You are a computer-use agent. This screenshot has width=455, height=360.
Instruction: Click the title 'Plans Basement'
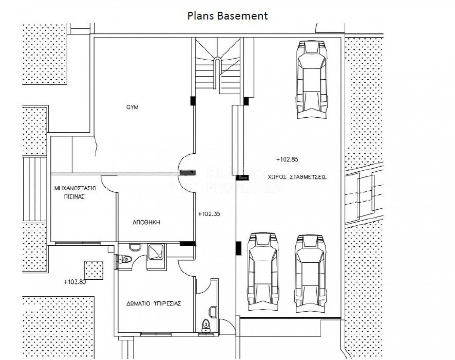pyautogui.click(x=227, y=16)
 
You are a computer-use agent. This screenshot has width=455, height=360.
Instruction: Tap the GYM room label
pyautogui.click(x=132, y=107)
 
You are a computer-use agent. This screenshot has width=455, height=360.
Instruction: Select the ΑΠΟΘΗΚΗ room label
pyautogui.click(x=146, y=222)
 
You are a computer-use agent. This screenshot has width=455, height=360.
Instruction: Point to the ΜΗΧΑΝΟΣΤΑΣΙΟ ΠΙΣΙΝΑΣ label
pyautogui.click(x=75, y=192)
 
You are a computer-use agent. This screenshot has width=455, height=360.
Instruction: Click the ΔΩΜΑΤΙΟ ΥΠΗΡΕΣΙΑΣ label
pyautogui.click(x=154, y=304)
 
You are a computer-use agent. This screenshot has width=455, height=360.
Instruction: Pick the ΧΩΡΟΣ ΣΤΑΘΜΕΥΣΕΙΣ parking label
pyautogui.click(x=297, y=177)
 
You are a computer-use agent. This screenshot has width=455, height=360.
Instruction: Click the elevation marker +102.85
pyautogui.click(x=287, y=159)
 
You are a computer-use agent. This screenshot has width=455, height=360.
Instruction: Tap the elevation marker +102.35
pyautogui.click(x=209, y=214)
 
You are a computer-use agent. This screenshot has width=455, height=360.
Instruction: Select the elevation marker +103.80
pyautogui.click(x=75, y=282)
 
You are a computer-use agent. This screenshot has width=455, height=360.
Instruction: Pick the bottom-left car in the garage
pyautogui.click(x=263, y=272)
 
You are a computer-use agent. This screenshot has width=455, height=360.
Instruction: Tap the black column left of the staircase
pyautogui.click(x=193, y=101)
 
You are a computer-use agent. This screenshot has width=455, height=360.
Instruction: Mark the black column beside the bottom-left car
pyautogui.click(x=238, y=248)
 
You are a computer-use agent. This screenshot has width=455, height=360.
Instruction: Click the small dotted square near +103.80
pyautogui.click(x=94, y=270)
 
